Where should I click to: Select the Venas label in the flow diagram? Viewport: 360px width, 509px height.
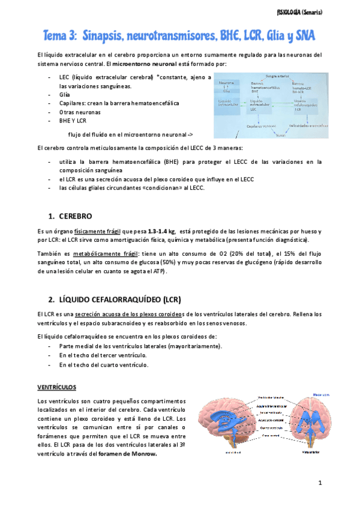[280, 134]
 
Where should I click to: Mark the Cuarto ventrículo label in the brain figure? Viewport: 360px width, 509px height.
[272, 427]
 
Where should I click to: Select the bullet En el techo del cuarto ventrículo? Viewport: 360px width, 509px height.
[103, 364]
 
